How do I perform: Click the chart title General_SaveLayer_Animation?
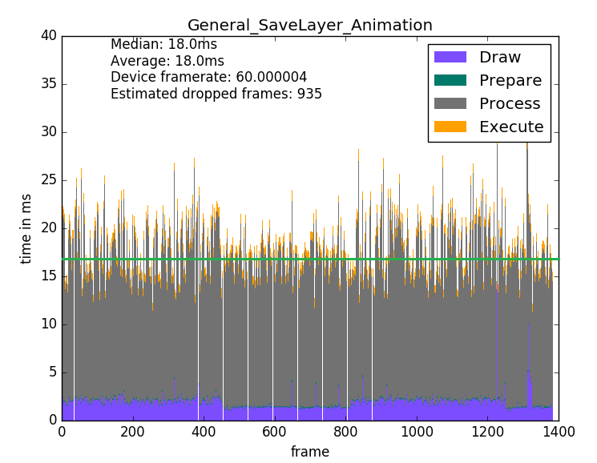click(x=309, y=25)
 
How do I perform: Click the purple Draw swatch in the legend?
click(x=450, y=58)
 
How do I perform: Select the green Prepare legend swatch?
click(x=450, y=81)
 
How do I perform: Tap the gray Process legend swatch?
click(x=450, y=104)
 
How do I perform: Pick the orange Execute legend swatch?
click(x=450, y=127)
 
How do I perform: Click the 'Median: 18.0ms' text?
click(x=163, y=45)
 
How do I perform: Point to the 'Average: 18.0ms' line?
click(x=167, y=61)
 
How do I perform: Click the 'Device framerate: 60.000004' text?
click(x=208, y=77)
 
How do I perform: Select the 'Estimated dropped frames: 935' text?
click(x=216, y=94)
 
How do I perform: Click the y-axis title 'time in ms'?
click(x=26, y=228)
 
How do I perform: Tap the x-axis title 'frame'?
click(x=309, y=452)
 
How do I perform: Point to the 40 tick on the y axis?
click(x=48, y=35)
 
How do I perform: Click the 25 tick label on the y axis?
click(x=48, y=180)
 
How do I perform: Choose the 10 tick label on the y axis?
click(x=48, y=324)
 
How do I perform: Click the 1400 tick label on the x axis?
click(x=559, y=432)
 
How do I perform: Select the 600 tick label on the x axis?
click(x=275, y=432)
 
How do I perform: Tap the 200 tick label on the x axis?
click(x=133, y=432)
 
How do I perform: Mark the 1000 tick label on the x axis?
click(x=417, y=432)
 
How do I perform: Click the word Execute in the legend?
click(x=511, y=127)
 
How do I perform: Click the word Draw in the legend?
click(x=499, y=58)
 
